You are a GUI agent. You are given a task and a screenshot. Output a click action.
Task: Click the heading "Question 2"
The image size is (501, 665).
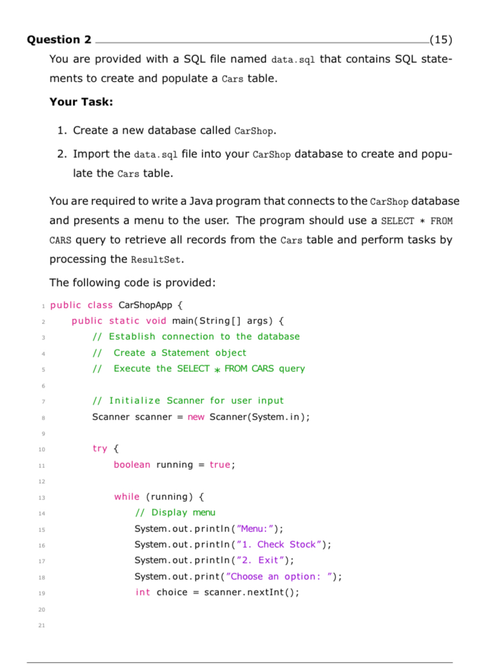(59, 40)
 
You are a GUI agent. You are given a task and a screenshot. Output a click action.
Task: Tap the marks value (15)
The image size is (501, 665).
(440, 40)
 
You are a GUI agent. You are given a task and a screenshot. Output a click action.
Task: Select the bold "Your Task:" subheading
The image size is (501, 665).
(81, 102)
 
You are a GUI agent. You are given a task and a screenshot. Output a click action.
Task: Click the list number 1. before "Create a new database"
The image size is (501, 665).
(62, 131)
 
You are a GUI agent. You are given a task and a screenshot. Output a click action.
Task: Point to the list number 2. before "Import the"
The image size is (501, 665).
(62, 154)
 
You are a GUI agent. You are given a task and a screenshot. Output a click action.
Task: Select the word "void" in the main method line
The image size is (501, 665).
(156, 320)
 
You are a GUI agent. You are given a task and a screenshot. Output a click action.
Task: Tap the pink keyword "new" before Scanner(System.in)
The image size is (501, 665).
(196, 417)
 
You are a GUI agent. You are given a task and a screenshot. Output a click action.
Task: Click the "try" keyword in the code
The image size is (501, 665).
(100, 449)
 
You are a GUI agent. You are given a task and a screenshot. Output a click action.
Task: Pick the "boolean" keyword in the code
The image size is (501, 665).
(132, 465)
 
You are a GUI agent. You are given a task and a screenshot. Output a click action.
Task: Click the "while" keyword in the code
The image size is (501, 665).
(126, 497)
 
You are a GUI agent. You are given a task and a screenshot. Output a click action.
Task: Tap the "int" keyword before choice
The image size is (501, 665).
(143, 592)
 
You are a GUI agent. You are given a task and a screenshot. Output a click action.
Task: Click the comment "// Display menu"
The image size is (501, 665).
(175, 513)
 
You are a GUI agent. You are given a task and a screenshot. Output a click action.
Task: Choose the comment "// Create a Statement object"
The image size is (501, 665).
(169, 352)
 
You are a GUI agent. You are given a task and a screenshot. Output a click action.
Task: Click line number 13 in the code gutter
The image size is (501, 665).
(41, 498)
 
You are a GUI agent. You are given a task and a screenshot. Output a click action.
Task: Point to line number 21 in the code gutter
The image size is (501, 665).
(41, 625)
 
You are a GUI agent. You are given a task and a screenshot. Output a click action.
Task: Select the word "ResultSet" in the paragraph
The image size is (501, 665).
(154, 260)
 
